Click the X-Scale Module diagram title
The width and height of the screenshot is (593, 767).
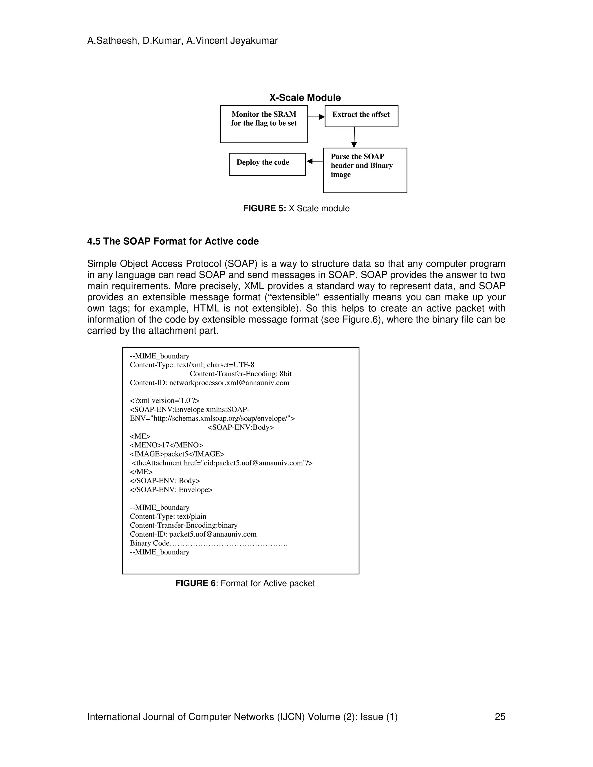[305, 98]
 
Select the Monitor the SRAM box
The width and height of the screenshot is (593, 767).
[264, 124]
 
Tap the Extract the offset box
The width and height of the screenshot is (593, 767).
[361, 116]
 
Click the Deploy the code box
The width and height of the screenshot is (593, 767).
[267, 164]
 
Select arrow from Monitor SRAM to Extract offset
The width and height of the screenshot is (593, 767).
[316, 117]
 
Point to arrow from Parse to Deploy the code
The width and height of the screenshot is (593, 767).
[315, 161]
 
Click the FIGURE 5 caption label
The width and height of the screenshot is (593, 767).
[296, 208]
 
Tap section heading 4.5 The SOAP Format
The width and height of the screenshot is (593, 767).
[173, 241]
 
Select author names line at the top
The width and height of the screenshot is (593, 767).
[182, 41]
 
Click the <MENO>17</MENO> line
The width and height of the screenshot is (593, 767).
[166, 445]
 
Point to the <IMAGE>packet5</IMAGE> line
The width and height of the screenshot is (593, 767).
[177, 454]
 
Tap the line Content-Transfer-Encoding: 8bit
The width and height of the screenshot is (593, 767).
[240, 374]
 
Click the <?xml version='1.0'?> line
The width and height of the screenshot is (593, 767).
[164, 400]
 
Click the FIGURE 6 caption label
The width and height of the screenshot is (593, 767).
[245, 583]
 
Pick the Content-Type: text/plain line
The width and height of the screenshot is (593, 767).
[168, 516]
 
